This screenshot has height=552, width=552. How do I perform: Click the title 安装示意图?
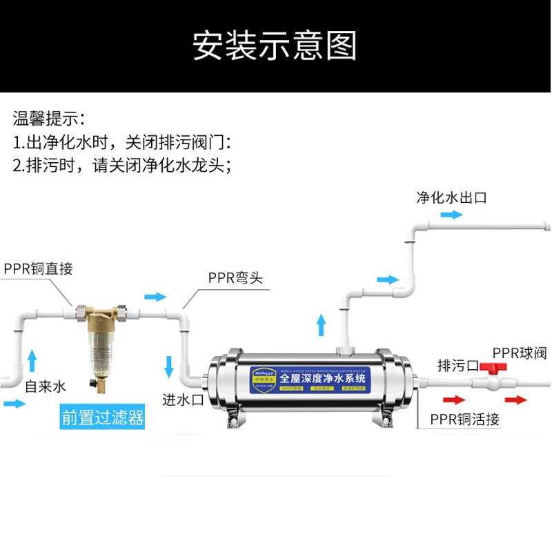tap(275, 46)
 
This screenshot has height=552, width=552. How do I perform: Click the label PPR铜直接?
tap(38, 269)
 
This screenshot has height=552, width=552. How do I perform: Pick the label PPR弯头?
tap(235, 278)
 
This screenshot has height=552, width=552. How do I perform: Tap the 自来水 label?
tap(45, 386)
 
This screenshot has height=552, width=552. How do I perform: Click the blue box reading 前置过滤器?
tap(103, 417)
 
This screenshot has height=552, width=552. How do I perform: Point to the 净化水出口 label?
tap(451, 197)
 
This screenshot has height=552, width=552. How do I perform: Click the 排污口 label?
tap(457, 366)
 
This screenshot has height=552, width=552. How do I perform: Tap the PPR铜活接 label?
tap(464, 419)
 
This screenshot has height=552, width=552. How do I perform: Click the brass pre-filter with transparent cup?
tap(103, 342)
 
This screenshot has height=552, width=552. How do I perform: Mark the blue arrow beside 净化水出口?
tap(452, 215)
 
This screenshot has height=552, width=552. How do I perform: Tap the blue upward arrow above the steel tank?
tap(321, 324)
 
